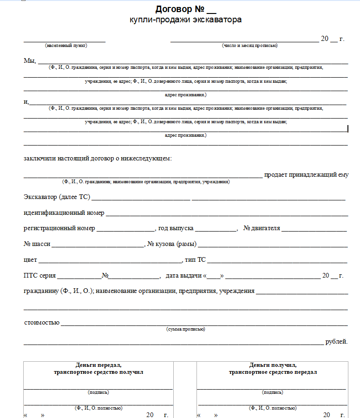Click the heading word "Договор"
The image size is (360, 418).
[x=174, y=9]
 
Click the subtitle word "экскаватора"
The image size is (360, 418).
[x=217, y=20]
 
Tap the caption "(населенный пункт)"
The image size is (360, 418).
[x=66, y=46]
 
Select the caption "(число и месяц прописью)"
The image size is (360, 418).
[x=249, y=46]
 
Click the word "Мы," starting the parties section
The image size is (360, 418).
[x=30, y=61]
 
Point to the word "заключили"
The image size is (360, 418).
[x=39, y=159]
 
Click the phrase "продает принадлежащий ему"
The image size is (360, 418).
[x=306, y=175]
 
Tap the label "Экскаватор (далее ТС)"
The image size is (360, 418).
[x=56, y=197]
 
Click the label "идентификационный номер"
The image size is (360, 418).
[x=64, y=213]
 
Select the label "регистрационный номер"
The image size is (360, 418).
[x=59, y=228]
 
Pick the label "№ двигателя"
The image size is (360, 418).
[x=262, y=228]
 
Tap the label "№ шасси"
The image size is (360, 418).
[x=37, y=244]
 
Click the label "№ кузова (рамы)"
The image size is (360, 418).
[x=171, y=244]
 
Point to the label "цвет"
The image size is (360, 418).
[x=30, y=260]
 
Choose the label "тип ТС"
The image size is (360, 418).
[x=195, y=260]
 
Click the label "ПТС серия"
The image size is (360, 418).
[x=39, y=276]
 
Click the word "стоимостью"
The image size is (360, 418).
[x=41, y=322]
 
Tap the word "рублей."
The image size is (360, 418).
[x=336, y=342]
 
